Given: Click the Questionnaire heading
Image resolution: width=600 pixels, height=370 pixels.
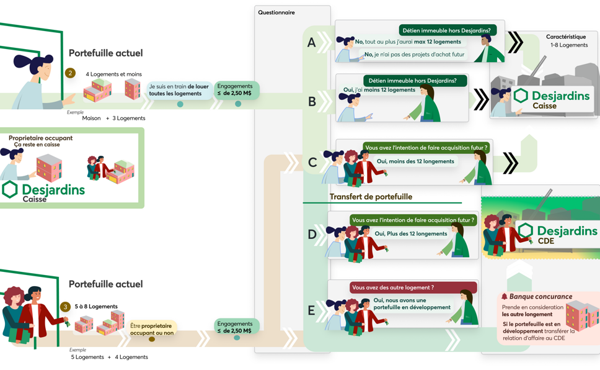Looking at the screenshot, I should [276, 12].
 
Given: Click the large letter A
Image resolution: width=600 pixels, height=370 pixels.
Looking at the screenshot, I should [311, 43].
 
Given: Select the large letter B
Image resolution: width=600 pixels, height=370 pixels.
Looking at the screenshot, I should [312, 101].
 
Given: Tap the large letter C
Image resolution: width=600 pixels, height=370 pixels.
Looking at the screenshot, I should [312, 163].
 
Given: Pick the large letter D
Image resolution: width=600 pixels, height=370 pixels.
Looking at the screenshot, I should [312, 235].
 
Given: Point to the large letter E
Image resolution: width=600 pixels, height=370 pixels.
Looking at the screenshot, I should [311, 310].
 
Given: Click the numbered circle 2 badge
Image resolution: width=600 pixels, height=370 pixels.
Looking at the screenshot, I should [70, 73].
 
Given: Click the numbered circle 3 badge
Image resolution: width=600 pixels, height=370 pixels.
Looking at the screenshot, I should [66, 307].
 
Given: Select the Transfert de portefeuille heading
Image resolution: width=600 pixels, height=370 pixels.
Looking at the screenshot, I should [371, 197].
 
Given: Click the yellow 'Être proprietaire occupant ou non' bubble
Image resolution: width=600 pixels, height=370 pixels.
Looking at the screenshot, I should [152, 329].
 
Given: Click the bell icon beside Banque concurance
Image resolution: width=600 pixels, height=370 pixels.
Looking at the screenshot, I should [504, 297].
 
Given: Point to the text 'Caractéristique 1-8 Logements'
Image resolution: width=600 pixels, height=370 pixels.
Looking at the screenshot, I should [567, 41].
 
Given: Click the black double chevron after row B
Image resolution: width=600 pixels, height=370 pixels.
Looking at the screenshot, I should [481, 99].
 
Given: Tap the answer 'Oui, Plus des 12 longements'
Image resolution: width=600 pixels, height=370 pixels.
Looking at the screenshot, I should [410, 234].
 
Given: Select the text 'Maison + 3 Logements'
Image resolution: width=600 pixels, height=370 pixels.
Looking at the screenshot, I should [113, 118].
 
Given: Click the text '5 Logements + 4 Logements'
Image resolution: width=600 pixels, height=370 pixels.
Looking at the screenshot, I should [109, 357].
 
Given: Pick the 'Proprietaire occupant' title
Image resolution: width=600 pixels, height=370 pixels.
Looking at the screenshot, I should [40, 138].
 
